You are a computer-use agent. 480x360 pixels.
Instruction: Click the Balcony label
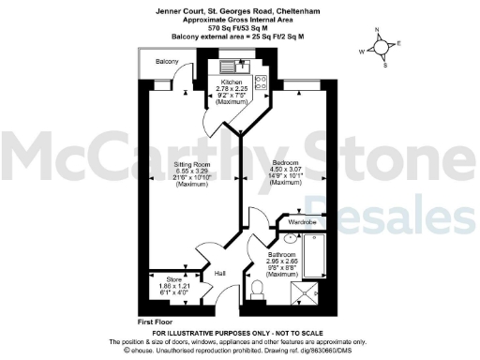tap(167, 62)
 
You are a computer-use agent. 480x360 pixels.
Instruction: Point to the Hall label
tap(220, 273)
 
